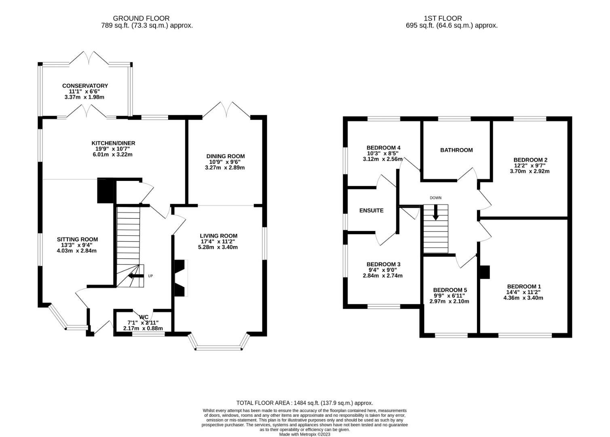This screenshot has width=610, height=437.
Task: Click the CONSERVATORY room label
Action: pyautogui.click(x=85, y=86)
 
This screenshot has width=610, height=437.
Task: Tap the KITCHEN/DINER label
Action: pyautogui.click(x=113, y=143)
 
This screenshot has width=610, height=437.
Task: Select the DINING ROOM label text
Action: pyautogui.click(x=226, y=156)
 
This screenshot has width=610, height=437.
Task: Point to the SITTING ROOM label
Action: pyautogui.click(x=77, y=240)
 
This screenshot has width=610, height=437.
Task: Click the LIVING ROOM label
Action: pyautogui.click(x=218, y=236)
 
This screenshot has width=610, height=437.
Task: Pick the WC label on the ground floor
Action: pyautogui.click(x=144, y=317)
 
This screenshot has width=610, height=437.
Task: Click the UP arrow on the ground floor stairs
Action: pyautogui.click(x=136, y=276)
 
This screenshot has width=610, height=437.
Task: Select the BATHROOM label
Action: pyautogui.click(x=456, y=150)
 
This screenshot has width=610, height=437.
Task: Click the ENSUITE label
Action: pyautogui.click(x=371, y=210)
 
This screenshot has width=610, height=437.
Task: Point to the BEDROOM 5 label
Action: pyautogui.click(x=450, y=290)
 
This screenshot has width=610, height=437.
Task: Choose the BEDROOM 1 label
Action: pyautogui.click(x=524, y=286)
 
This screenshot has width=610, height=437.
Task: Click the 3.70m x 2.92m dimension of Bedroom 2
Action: pyautogui.click(x=530, y=171)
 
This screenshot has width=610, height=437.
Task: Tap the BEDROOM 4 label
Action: pyautogui.click(x=384, y=148)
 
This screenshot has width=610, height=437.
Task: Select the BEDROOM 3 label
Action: pyautogui.click(x=384, y=264)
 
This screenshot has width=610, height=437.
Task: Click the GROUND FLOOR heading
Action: pyautogui.click(x=141, y=18)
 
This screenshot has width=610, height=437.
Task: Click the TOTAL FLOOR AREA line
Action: pyautogui.click(x=305, y=403)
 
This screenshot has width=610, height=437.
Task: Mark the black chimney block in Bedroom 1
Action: pyautogui.click(x=485, y=272)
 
